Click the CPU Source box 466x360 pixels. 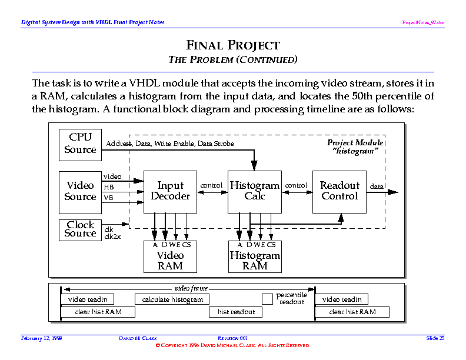point(81,144)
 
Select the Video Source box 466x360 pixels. point(81,192)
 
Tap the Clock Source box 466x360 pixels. point(81,229)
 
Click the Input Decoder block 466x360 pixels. point(170,191)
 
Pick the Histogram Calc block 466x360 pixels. point(255,191)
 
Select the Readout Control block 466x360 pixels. point(339,191)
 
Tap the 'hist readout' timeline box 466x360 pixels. point(236,312)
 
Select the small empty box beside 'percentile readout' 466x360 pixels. point(267,299)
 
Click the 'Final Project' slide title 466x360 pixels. point(233,45)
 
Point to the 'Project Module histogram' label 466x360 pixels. point(355,146)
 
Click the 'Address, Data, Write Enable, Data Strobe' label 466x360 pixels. point(170,144)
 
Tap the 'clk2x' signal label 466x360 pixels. point(112,236)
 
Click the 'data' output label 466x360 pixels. point(376,186)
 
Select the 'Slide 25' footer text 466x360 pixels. point(435,338)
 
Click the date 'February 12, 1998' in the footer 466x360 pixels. point(42,338)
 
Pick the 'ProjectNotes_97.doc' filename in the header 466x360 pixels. point(423,22)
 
